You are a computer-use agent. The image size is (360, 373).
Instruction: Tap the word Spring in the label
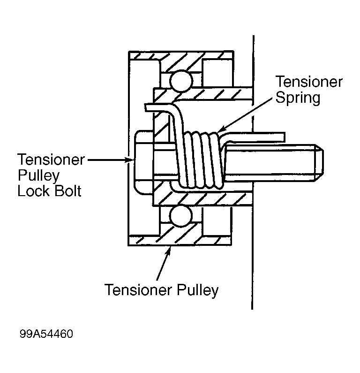(x=298, y=98)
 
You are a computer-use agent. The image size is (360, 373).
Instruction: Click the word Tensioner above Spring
(x=309, y=82)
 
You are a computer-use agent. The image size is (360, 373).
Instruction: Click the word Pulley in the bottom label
(x=197, y=290)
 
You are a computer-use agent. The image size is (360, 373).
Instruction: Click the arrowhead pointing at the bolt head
(x=131, y=160)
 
